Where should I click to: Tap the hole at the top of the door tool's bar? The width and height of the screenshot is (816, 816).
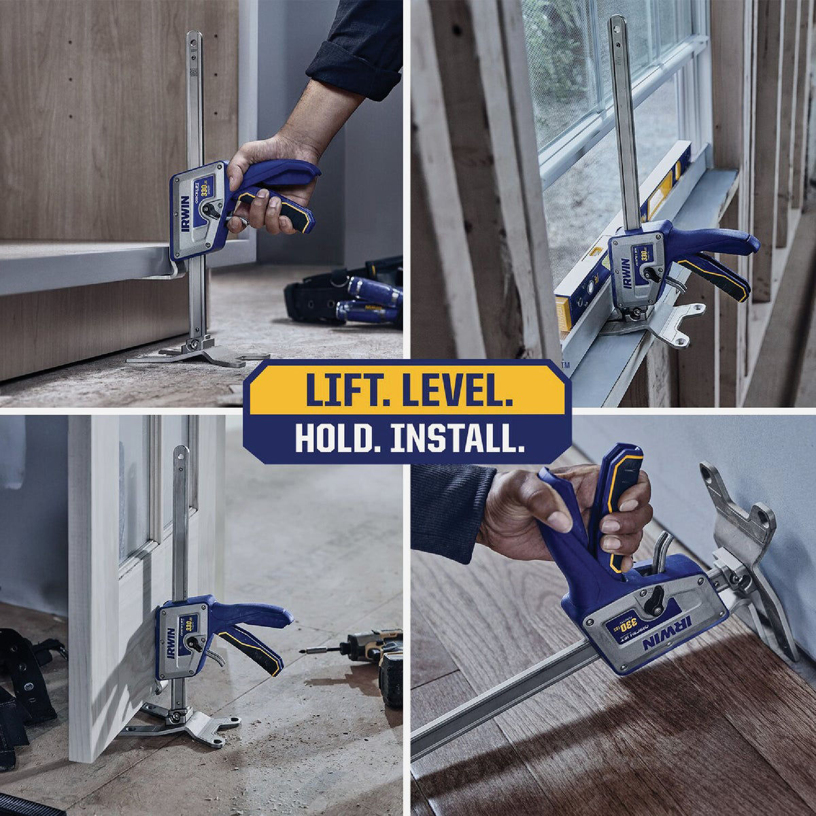180,454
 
